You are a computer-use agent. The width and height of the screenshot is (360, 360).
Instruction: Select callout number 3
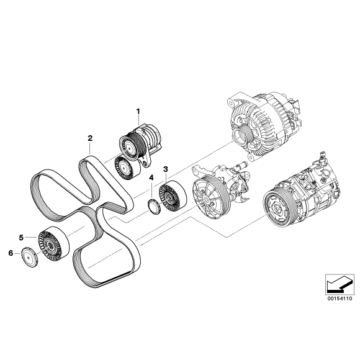[x=166, y=168]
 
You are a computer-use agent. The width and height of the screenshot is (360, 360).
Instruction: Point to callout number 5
[x=21, y=236]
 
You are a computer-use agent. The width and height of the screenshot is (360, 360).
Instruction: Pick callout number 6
[x=10, y=253]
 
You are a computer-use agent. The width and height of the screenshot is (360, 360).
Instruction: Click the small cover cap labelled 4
[x=153, y=205]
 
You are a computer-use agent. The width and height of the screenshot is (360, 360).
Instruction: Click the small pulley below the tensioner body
[x=126, y=168]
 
